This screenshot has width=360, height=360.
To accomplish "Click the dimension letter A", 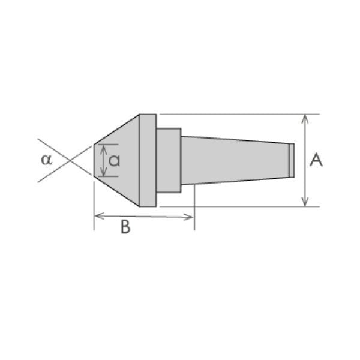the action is tap(316, 160).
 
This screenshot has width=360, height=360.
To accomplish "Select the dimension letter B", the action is tap(125, 227).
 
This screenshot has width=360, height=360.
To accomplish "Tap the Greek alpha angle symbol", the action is tap(47, 160).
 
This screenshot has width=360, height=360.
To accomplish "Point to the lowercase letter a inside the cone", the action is tap(114, 160).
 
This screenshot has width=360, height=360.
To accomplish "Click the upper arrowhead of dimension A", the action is tap(305, 119).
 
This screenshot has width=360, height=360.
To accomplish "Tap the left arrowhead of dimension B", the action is tap(99, 216).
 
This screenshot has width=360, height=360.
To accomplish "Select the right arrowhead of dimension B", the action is tap(188, 217).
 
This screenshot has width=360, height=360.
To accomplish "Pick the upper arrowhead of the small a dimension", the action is tap(104, 149).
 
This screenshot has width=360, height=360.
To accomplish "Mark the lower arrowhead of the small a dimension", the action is tap(104, 172).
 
